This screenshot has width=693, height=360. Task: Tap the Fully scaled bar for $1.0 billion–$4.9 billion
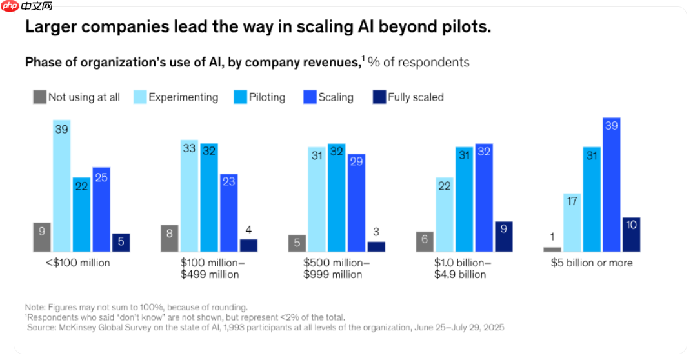click(x=503, y=237)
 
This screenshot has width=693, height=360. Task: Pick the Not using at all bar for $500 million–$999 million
click(x=297, y=243)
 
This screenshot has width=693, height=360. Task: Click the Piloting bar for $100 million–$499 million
click(x=209, y=197)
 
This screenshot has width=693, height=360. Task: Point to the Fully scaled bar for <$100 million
click(x=121, y=243)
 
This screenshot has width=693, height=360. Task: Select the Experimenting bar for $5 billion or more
click(x=572, y=223)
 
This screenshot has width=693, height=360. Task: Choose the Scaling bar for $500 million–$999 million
click(x=356, y=203)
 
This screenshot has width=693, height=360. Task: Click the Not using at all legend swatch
click(x=39, y=97)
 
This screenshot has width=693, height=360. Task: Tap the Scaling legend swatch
click(x=309, y=97)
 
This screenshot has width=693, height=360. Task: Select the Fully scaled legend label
click(x=416, y=97)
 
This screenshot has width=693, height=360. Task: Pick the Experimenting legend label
click(x=183, y=97)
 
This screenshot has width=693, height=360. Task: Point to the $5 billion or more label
click(x=592, y=263)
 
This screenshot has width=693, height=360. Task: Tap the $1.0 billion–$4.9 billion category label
click(x=464, y=268)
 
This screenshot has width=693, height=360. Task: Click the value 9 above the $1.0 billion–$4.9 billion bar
click(x=503, y=227)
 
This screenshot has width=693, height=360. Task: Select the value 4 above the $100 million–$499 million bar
click(x=248, y=230)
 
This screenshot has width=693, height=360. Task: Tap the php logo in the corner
click(x=10, y=6)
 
